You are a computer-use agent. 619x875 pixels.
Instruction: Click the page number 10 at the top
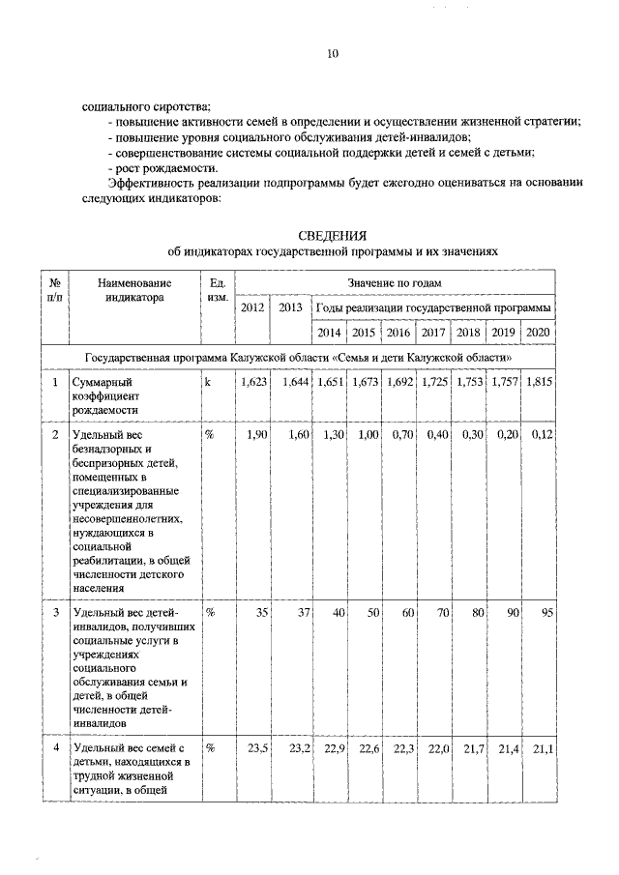pos(332,55)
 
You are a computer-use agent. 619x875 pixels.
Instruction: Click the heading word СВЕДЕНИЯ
pos(332,235)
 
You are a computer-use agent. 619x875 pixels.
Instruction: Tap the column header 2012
pos(252,307)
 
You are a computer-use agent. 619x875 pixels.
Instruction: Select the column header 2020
pos(538,333)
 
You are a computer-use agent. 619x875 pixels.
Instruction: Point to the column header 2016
pos(398,333)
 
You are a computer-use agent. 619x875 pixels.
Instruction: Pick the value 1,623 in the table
pos(254,383)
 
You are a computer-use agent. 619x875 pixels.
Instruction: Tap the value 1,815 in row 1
pos(539,383)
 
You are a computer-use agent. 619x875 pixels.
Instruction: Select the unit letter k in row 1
pos(207,383)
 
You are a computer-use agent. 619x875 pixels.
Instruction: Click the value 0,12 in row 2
pos(541,435)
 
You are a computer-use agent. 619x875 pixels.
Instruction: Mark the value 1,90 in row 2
pos(256,435)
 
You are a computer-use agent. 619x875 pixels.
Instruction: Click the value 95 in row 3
pos(546,613)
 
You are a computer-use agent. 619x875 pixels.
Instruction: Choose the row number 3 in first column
pos(55,613)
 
